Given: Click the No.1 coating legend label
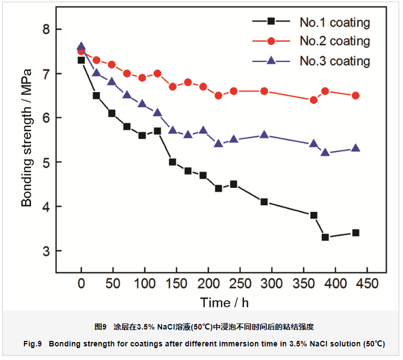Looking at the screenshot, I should [334, 23].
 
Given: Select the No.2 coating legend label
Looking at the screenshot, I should [334, 41].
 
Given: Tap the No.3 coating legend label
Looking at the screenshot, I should [334, 61].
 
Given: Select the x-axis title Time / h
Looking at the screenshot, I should [224, 302].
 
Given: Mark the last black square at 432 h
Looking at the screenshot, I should [356, 233].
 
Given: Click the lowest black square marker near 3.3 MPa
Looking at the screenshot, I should [325, 237].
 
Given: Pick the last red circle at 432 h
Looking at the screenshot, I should [356, 95].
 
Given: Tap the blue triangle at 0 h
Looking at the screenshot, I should [81, 47].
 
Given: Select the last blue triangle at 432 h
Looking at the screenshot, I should [356, 148].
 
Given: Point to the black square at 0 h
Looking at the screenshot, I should [81, 60].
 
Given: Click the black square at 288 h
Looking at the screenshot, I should [264, 202].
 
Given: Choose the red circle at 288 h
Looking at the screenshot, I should [264, 91].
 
